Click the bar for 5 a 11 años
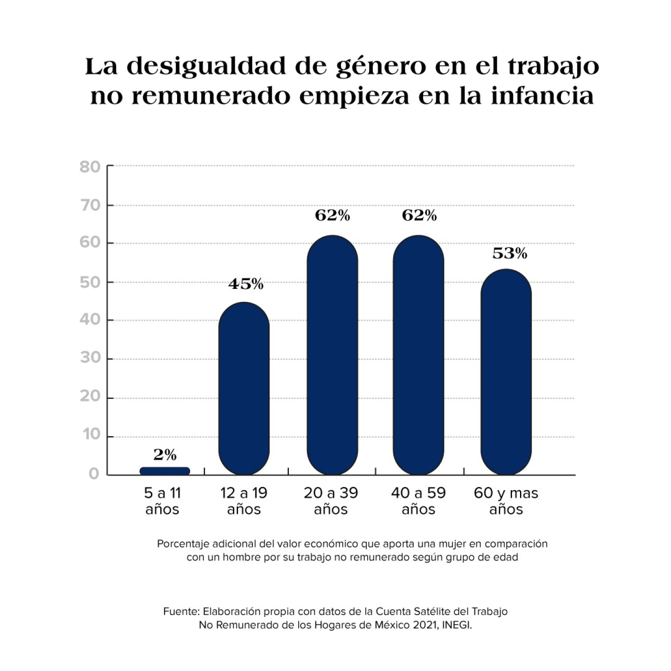pos(165,471)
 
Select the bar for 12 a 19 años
pos(244,389)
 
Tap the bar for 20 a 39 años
pos(332,355)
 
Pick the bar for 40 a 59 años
pos(418,355)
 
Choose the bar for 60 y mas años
pos(506,372)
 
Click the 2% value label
pos(165,455)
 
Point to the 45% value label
pos(246,284)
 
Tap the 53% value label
pos(510,253)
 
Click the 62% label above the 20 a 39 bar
pos(332,215)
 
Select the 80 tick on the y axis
pos(90,167)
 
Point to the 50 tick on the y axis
pos(90,282)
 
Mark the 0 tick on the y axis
pos(94,474)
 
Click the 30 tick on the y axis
pos(90,359)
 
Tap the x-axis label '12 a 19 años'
pos(244,501)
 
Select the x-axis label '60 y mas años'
pos(506,501)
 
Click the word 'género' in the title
pos(381,66)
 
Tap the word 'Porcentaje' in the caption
pos(183,544)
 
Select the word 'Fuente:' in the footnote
pos(181,611)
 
